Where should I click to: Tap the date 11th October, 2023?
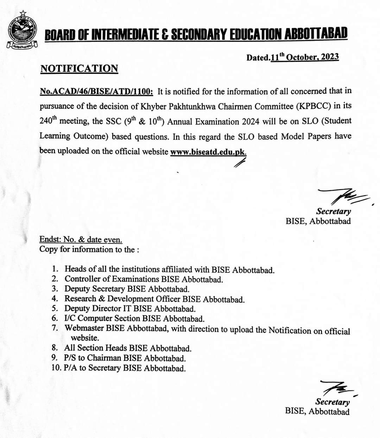(305, 57)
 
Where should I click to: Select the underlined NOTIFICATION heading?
(79, 68)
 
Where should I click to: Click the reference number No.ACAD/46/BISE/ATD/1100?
(96, 92)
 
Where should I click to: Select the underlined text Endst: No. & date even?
(81, 240)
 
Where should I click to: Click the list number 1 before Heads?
(55, 269)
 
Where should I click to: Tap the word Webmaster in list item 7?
(84, 328)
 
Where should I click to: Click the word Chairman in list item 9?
(104, 358)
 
